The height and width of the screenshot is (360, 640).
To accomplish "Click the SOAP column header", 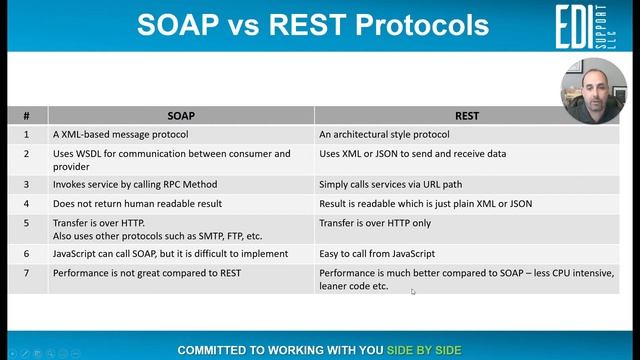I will [x=180, y=115].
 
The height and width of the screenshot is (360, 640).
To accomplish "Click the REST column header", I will [x=466, y=115].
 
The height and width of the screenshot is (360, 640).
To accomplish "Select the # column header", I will [x=27, y=115].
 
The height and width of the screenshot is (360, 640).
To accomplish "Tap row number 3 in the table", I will [x=27, y=184].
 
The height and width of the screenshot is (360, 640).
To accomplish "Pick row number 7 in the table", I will [x=27, y=272].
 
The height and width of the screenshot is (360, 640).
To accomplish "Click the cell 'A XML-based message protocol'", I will [x=120, y=133].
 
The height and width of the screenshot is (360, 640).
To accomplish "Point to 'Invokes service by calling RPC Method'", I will [x=134, y=184].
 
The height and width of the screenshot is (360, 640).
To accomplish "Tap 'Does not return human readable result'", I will [x=137, y=203].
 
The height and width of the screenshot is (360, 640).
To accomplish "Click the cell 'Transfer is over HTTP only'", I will [x=375, y=223].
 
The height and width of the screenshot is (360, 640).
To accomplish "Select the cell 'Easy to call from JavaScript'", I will [x=377, y=254].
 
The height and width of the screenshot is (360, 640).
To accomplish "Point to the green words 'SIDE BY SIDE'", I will [x=424, y=350].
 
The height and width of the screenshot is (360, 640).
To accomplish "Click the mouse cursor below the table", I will [x=413, y=291].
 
